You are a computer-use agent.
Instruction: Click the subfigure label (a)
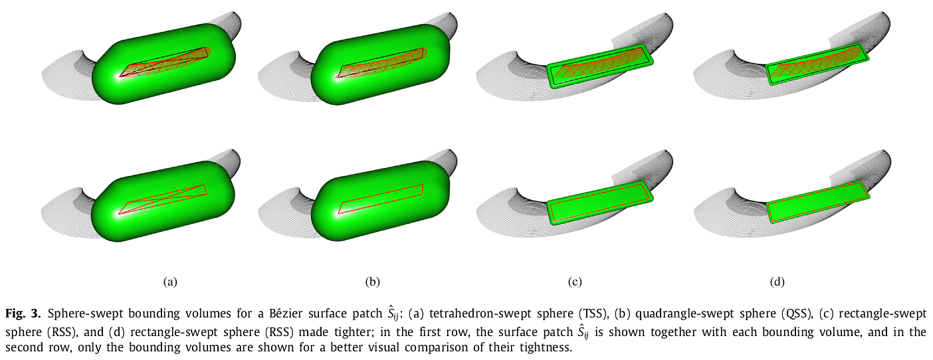pyautogui.click(x=170, y=282)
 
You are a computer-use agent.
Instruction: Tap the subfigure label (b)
pyautogui.click(x=372, y=282)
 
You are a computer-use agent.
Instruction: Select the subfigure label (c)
pyautogui.click(x=575, y=282)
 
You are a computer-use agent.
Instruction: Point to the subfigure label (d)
pyautogui.click(x=777, y=282)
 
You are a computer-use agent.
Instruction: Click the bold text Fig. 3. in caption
pyautogui.click(x=23, y=314)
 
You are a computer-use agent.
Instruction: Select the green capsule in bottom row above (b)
pyautogui.click(x=380, y=201)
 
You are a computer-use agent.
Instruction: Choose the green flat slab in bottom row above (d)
pyautogui.click(x=819, y=203)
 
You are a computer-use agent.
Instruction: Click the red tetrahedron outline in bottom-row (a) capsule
pyautogui.click(x=163, y=200)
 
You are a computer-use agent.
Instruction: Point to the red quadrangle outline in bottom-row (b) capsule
pyautogui.click(x=381, y=199)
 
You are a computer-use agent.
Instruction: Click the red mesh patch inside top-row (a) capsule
pyautogui.click(x=165, y=62)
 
